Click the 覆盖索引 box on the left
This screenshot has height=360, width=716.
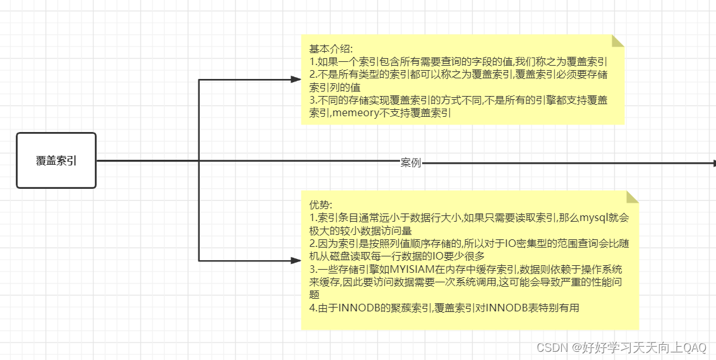coord(56,160)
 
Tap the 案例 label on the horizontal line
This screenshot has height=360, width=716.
coord(411,163)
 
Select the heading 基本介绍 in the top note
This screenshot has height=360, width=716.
coord(331,49)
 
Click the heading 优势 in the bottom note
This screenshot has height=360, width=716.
coord(319,205)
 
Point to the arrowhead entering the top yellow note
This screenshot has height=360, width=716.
coord(296,80)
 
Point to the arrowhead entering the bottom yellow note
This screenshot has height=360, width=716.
coord(296,260)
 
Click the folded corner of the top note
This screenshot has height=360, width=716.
coord(617,41)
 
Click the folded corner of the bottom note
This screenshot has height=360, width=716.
coord(632,196)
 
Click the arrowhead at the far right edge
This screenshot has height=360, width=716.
coord(713,163)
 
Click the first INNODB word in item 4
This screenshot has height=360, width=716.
coord(358,308)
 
